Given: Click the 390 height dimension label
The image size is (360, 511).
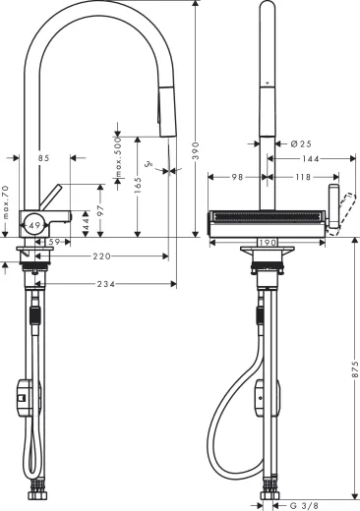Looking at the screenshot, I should click(x=197, y=144).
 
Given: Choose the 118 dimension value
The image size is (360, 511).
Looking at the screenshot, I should click(x=302, y=177).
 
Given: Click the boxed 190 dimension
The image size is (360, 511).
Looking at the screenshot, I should click(x=266, y=240).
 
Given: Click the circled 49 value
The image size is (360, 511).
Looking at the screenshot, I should click(x=34, y=225).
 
